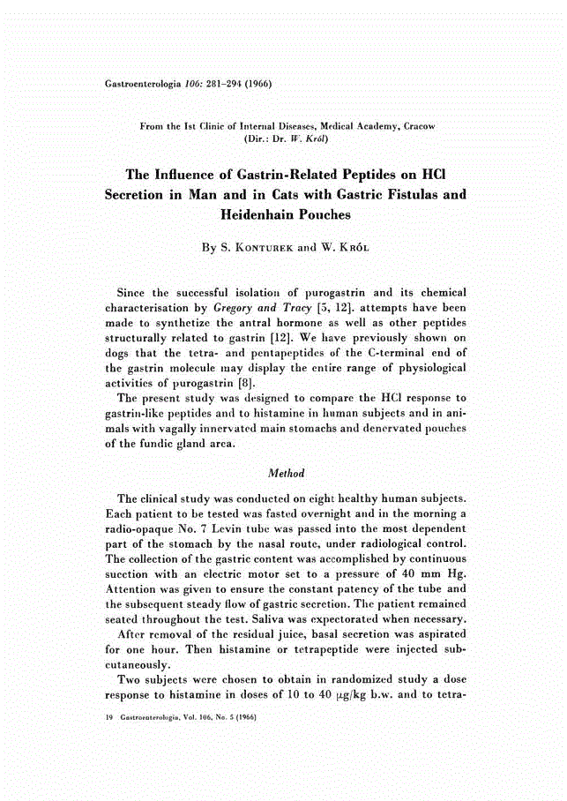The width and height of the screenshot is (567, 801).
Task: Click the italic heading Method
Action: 284,474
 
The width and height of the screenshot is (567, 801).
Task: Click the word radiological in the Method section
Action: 385,543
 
